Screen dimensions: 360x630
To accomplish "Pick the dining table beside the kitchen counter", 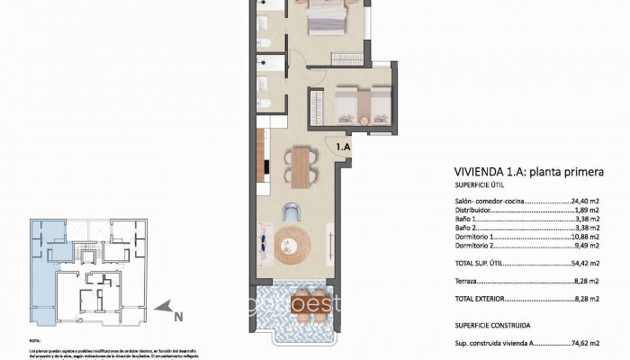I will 300,166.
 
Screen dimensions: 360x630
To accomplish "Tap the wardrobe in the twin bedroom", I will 317,106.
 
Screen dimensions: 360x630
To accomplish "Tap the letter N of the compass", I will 177,316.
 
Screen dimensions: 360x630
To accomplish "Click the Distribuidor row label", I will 476,211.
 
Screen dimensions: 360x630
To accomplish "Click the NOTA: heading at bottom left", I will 35,340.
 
